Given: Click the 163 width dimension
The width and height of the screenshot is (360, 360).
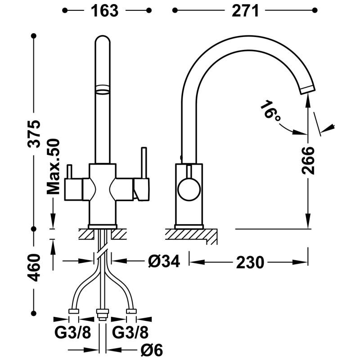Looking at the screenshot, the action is (104, 10).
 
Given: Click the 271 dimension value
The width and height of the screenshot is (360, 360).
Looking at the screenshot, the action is (245, 10).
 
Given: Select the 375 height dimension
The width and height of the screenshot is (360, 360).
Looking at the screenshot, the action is (34, 133).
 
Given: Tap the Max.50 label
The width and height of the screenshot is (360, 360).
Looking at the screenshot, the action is (53, 166).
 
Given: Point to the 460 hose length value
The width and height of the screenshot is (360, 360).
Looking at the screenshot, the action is (34, 267).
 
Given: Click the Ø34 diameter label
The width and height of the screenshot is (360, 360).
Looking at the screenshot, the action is (164, 261).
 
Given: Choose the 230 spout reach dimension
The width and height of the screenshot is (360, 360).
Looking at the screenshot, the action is (250, 262).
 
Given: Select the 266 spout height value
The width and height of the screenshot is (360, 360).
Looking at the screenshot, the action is (308, 161).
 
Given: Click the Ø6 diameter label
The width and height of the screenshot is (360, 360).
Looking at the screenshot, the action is (152, 351).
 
